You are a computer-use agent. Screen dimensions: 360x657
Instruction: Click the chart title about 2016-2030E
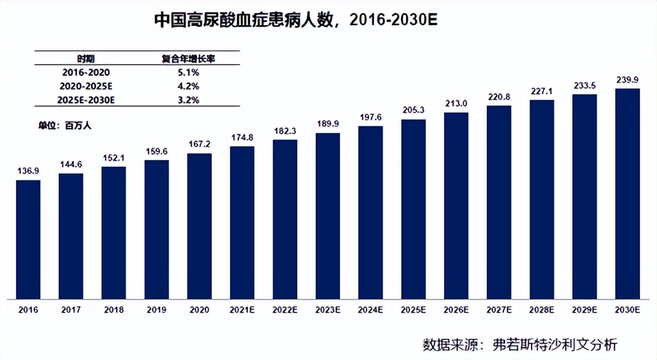(x=296, y=21)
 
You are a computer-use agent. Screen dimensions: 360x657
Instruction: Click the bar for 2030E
(x=627, y=194)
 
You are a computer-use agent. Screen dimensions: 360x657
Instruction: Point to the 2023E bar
(x=327, y=216)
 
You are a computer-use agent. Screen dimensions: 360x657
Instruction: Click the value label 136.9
(x=28, y=172)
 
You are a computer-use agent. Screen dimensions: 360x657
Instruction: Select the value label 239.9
(x=627, y=80)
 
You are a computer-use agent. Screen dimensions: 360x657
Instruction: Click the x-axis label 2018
(x=113, y=310)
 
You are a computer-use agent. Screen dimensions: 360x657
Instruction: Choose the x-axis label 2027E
(x=499, y=310)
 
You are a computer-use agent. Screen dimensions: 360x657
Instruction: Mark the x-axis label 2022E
(x=285, y=310)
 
